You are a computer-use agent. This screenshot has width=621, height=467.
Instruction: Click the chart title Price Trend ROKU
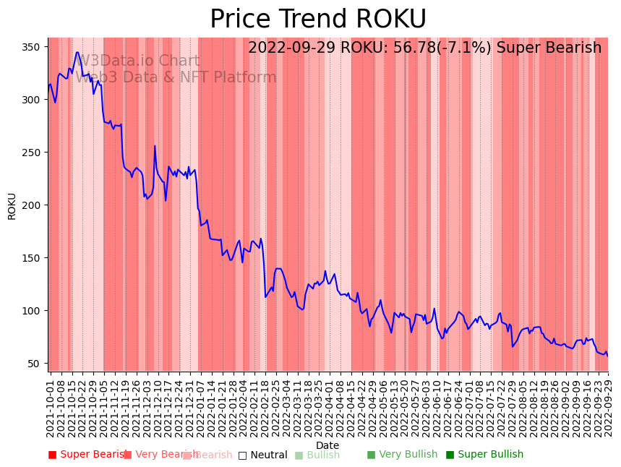pyautogui.click(x=318, y=20)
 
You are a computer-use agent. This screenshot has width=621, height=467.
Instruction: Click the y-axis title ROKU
pyautogui.click(x=12, y=206)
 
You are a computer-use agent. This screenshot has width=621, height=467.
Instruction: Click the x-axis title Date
pyautogui.click(x=327, y=445)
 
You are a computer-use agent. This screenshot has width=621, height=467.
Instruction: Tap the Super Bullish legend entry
pyautogui.click(x=484, y=455)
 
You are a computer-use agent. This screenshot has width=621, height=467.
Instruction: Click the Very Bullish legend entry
pyautogui.click(x=402, y=455)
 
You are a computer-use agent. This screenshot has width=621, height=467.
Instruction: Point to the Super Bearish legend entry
pyautogui.click(x=87, y=455)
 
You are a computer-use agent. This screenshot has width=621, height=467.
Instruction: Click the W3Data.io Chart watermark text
pyautogui.click(x=138, y=61)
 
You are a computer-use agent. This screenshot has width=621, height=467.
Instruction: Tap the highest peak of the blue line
pyautogui.click(x=77, y=52)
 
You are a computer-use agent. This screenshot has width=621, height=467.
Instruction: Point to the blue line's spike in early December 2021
pyautogui.click(x=155, y=146)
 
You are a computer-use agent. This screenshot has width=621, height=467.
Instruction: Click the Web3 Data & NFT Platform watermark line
pyautogui.click(x=176, y=77)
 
